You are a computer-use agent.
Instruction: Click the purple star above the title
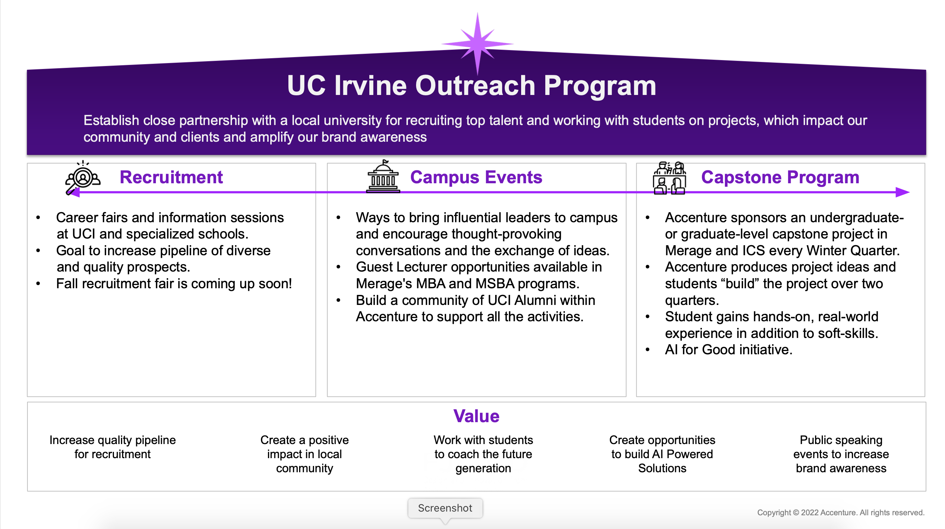point(477,44)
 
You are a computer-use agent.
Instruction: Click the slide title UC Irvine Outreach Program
point(472,86)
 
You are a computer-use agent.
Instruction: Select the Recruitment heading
point(171,177)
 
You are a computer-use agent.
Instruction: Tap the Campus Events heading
point(476,177)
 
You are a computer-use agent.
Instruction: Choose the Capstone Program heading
point(780,177)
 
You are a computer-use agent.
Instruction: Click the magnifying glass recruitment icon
point(82,177)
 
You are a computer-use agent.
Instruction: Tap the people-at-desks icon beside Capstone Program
point(669,178)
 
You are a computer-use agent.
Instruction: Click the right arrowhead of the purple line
point(903,192)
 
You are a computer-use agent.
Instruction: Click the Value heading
point(476,416)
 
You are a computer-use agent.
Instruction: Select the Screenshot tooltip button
point(445,508)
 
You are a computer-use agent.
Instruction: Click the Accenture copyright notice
point(841,513)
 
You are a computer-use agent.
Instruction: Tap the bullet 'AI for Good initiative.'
point(729,350)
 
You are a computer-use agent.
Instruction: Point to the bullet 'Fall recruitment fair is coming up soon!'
point(174,284)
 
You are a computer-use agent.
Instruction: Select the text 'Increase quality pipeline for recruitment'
point(112,447)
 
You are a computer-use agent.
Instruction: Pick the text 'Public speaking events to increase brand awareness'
point(841,454)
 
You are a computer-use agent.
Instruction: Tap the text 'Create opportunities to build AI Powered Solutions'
point(662,454)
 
